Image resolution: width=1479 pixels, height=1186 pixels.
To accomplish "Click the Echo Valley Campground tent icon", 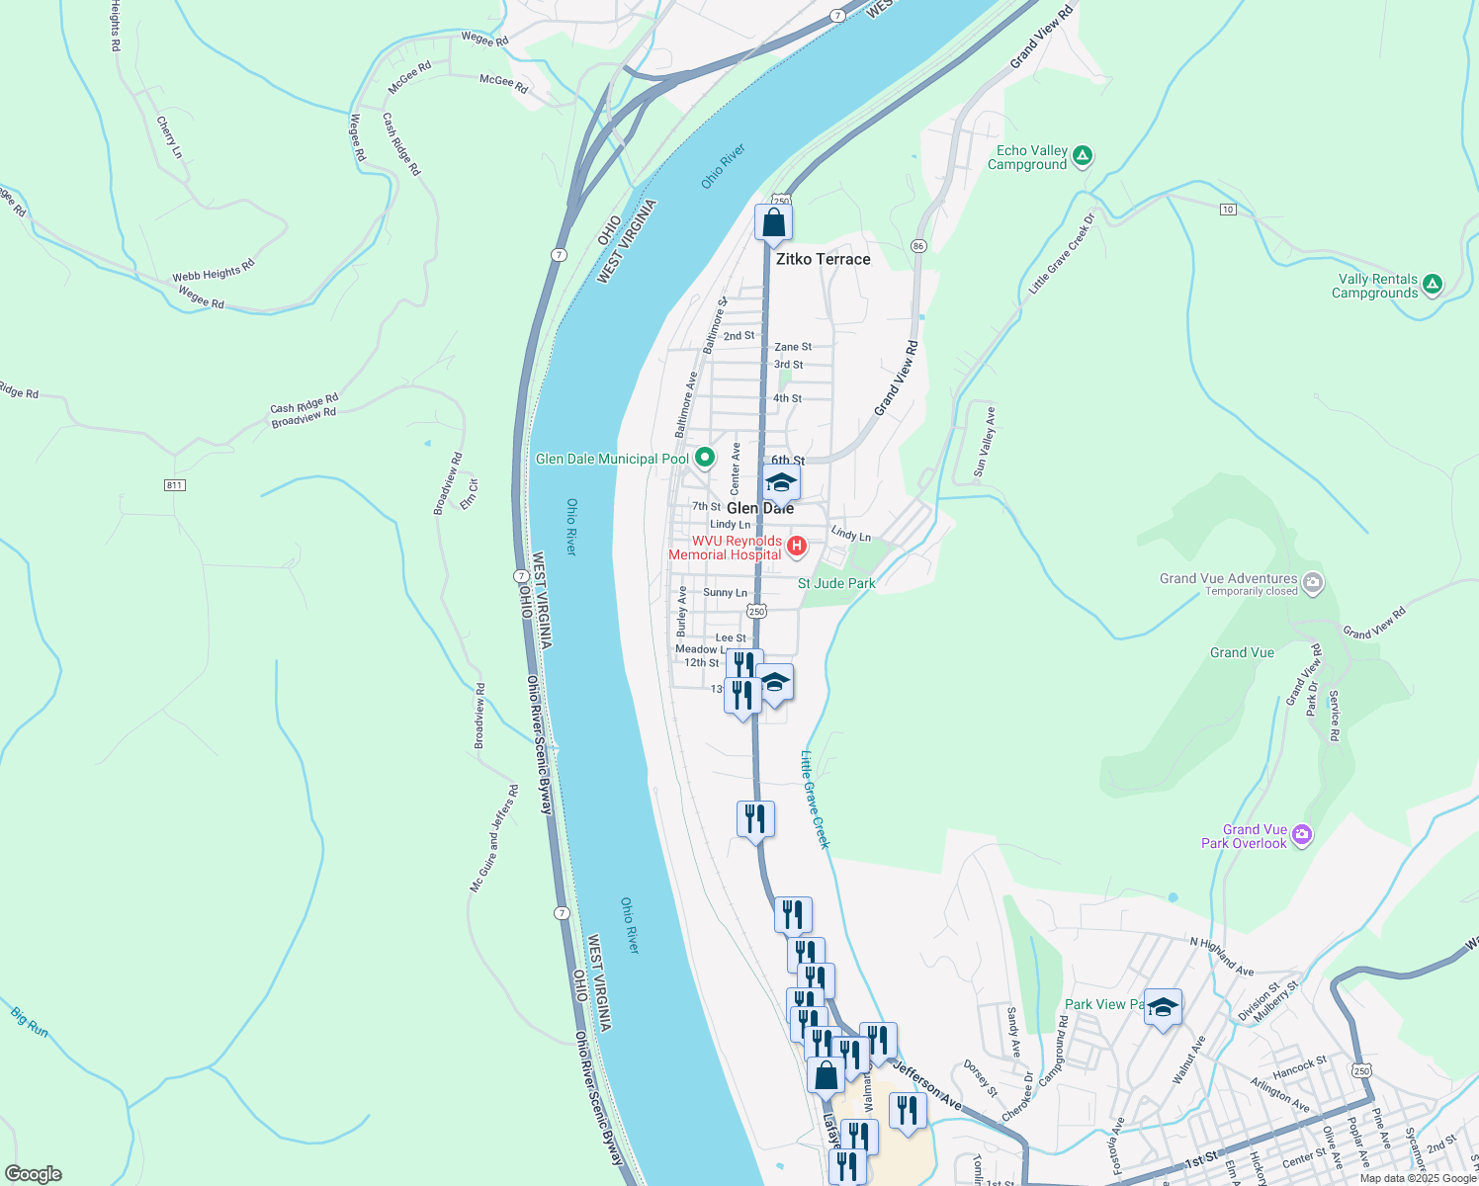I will click(1083, 155).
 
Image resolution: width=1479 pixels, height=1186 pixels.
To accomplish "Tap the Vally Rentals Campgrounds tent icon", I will click(1432, 285).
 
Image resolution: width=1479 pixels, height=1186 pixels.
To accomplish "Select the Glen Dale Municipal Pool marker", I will click(704, 458).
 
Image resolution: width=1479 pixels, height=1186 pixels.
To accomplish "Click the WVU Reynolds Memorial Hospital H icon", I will click(797, 546).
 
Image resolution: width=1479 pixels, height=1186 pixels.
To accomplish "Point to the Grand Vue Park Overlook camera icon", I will click(1302, 835).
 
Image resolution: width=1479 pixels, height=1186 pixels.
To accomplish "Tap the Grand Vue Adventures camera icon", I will click(1313, 582).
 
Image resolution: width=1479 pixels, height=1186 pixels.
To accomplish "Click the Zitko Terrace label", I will click(823, 259).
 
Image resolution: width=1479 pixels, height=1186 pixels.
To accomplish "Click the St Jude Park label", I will click(836, 583).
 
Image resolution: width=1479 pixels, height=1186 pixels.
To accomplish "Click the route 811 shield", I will click(175, 484).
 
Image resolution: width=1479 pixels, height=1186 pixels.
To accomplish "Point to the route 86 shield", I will click(918, 245).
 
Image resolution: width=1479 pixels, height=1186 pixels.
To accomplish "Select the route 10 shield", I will click(1228, 209).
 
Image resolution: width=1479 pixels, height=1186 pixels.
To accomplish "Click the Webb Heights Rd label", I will click(214, 271).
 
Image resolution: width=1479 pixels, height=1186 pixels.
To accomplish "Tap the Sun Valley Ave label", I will click(986, 441).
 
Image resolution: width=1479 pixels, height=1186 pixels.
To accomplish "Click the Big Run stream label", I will click(30, 1021).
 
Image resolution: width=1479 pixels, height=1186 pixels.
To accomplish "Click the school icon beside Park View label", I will click(1163, 1008).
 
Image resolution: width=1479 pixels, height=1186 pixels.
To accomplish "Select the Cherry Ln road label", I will click(169, 137).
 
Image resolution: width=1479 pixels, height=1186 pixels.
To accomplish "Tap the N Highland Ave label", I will click(1222, 956).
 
